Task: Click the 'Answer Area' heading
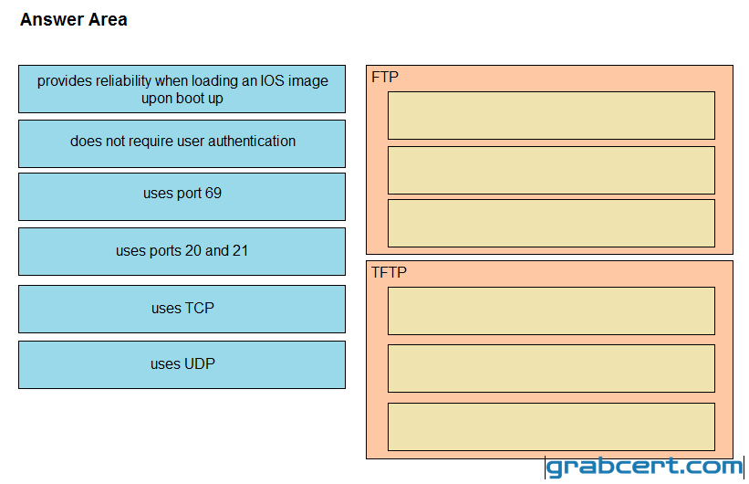click(x=74, y=19)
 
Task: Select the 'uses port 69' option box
click(x=182, y=197)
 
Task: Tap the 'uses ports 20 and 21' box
click(x=182, y=251)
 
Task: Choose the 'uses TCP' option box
click(x=182, y=309)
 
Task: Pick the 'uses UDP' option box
click(x=182, y=364)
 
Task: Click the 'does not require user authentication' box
click(x=182, y=143)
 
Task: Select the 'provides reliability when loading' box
click(x=182, y=89)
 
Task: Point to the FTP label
click(x=385, y=77)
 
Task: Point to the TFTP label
click(x=390, y=273)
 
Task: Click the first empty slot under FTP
click(x=551, y=115)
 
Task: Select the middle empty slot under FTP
click(x=551, y=170)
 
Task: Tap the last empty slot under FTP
click(x=551, y=224)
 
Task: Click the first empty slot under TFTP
click(x=551, y=310)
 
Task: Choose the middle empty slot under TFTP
click(x=551, y=368)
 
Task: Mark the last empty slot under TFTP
click(x=551, y=426)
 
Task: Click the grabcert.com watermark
click(x=644, y=467)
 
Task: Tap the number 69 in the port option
click(x=213, y=194)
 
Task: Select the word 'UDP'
click(x=199, y=364)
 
